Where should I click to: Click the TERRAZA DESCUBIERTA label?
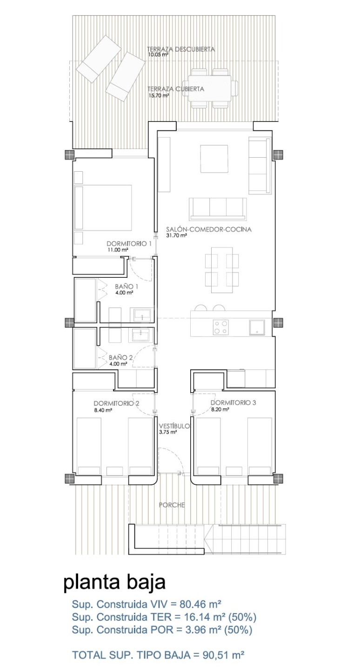181,49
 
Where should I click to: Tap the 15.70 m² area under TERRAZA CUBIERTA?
159,96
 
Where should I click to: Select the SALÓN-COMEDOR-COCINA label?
209,229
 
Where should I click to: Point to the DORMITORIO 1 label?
129,243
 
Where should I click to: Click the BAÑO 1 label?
127,287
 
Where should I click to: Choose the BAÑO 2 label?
120,357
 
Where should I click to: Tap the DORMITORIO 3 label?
233,402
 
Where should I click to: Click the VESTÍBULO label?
174,426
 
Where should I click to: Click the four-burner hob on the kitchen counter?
220,327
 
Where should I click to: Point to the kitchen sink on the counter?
257,327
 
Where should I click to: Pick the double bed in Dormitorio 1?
103,208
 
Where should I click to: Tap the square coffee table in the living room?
214,159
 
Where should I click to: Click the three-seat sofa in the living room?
218,209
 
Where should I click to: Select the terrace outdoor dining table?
210,88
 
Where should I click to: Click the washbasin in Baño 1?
142,315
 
